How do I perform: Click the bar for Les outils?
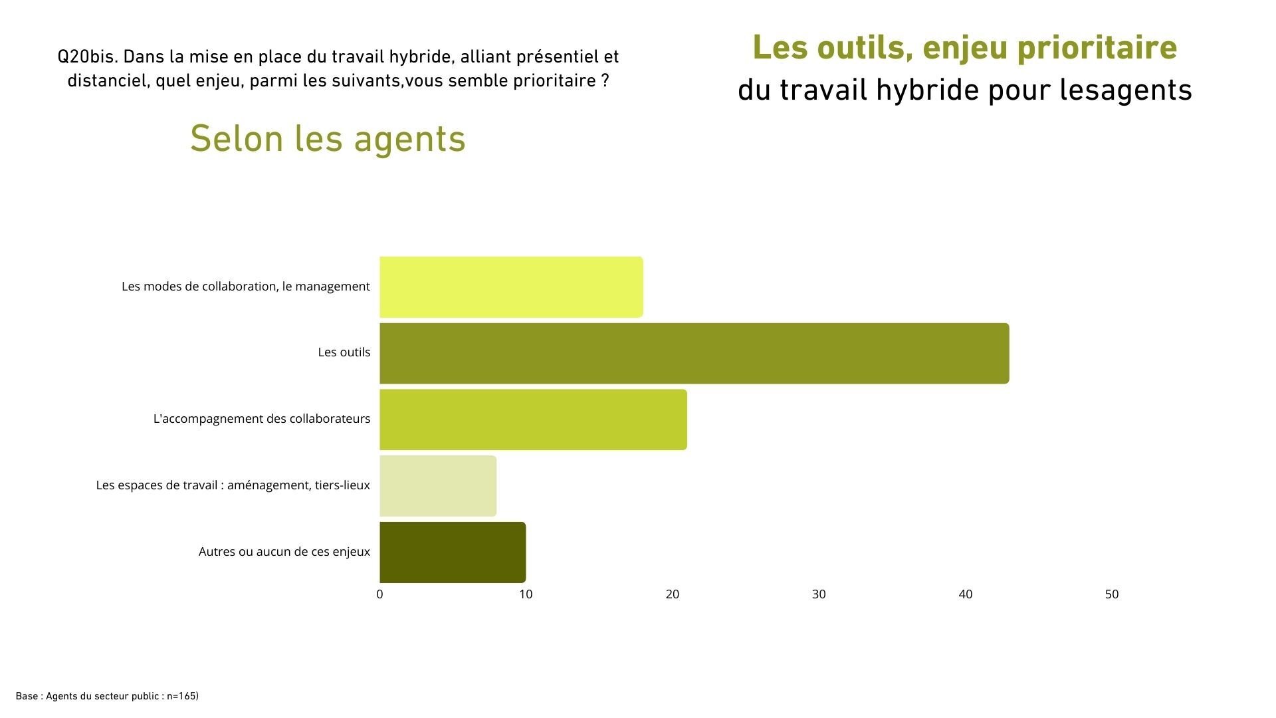point(694,353)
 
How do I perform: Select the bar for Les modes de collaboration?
point(511,287)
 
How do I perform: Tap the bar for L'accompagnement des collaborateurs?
point(533,419)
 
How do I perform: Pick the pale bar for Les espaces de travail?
point(438,485)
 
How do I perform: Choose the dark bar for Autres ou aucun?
point(453,552)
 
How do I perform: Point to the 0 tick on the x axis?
point(379,594)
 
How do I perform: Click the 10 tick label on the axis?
point(526,594)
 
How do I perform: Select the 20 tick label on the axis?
point(673,594)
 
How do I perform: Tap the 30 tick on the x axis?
point(819,594)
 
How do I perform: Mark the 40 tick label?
point(965,594)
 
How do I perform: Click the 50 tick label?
point(1112,594)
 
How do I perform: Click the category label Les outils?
point(344,352)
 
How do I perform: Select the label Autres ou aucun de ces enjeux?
point(284,552)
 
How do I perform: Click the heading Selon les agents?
point(328,138)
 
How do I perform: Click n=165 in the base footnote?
point(181,696)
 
